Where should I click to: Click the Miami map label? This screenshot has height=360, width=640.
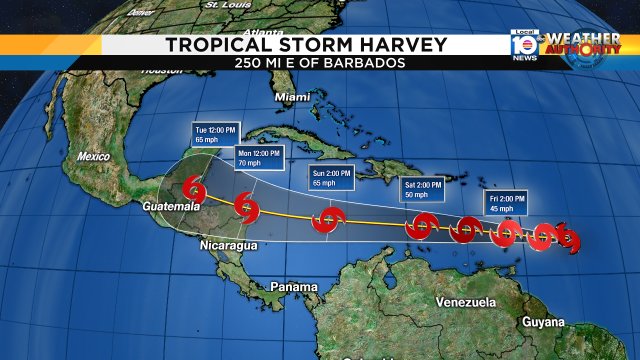[x=293, y=97]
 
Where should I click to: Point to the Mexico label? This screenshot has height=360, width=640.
[x=93, y=156]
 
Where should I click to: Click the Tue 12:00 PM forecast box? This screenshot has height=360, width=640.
[x=215, y=136]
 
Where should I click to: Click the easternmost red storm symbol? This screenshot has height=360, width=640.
[x=567, y=238]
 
